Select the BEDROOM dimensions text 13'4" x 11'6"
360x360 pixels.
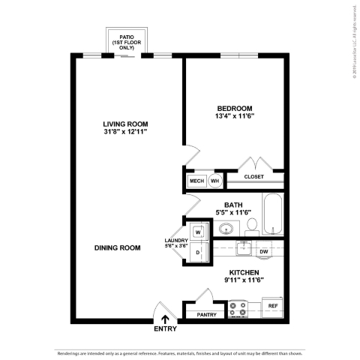coord(235,115)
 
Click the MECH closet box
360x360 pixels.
coord(196,181)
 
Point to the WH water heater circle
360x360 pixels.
coord(214,181)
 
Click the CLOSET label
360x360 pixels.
coord(255,177)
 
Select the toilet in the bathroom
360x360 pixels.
coord(252,224)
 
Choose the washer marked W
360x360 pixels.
coord(199,232)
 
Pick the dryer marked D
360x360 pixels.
coord(199,253)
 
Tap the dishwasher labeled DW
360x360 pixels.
coord(264,251)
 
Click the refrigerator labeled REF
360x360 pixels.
coord(273,306)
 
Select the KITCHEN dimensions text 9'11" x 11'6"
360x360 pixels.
coord(244,280)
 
